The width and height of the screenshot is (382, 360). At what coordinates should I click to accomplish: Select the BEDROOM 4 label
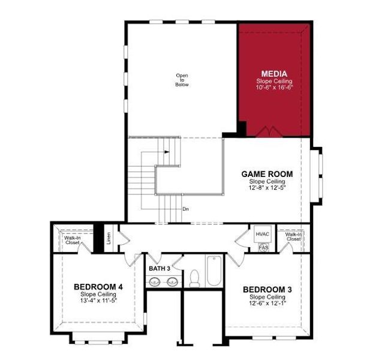point(98,287)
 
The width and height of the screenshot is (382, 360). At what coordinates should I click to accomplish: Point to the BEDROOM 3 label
point(267,290)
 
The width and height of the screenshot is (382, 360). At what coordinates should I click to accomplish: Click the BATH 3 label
point(160,268)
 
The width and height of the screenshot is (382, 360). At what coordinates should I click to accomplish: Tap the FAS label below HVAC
point(263,247)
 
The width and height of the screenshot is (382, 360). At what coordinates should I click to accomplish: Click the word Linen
point(109,239)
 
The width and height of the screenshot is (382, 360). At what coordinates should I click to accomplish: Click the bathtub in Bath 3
point(213,272)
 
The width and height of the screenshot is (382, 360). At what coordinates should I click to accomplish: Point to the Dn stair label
point(186,209)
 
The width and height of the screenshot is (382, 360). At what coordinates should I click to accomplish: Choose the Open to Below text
point(182,80)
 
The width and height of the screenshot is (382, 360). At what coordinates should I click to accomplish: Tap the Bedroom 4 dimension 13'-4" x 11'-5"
point(98,301)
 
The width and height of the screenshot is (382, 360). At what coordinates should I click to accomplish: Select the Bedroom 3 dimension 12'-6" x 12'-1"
point(267,304)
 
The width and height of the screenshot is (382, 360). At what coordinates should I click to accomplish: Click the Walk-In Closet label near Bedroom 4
point(73,241)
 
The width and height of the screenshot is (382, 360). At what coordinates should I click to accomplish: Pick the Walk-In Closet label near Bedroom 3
point(293,236)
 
